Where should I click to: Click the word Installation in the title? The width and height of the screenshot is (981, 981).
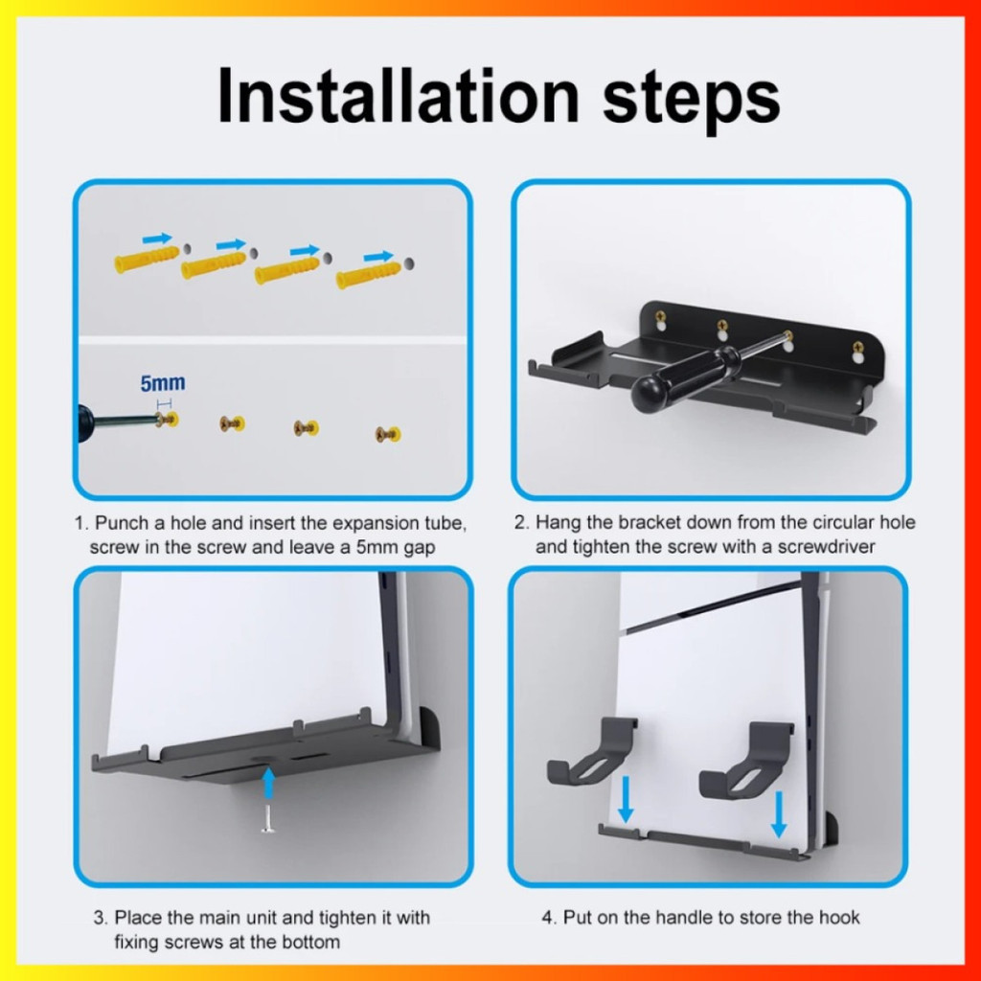399,96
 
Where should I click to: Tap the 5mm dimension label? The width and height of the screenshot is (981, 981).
163,383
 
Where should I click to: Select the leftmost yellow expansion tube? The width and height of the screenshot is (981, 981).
147,258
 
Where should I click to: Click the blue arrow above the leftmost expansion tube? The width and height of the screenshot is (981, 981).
157,238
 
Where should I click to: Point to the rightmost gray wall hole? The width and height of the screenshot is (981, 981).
408,263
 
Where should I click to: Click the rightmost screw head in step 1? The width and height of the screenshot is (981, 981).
388,434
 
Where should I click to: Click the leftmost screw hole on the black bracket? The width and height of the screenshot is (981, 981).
660,321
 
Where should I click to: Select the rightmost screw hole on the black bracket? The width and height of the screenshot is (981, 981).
857,352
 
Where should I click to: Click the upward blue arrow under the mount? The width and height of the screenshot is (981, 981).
268,783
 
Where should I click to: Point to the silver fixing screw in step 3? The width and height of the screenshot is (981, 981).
268,818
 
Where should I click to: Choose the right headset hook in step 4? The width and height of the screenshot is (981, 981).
746,760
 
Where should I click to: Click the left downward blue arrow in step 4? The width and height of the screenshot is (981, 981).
625,800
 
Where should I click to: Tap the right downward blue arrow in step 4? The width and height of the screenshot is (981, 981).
779,814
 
